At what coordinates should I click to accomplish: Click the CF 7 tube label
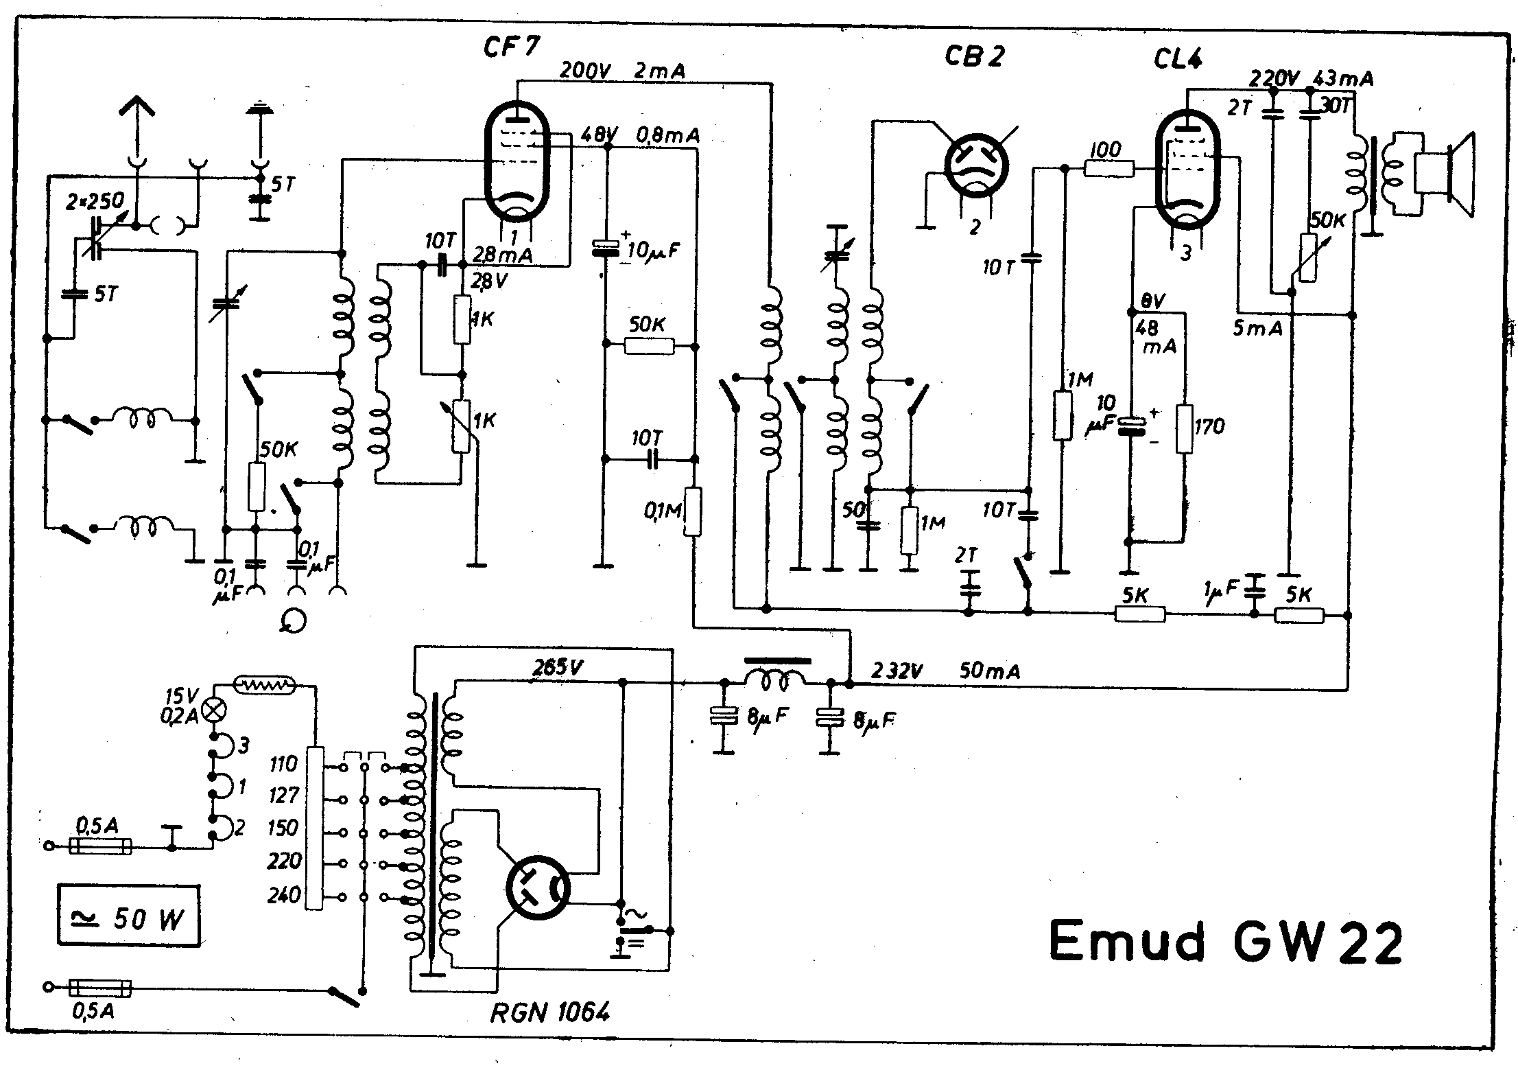512,46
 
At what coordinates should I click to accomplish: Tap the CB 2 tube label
974,56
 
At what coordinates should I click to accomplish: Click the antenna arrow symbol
137,110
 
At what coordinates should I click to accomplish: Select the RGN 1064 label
549,1012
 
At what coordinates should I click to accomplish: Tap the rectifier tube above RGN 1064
538,889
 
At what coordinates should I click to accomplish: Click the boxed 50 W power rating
129,916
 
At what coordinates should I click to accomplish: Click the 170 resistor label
1209,427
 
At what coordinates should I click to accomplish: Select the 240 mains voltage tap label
284,895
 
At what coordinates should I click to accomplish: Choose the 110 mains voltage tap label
284,764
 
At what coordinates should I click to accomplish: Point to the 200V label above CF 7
587,70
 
